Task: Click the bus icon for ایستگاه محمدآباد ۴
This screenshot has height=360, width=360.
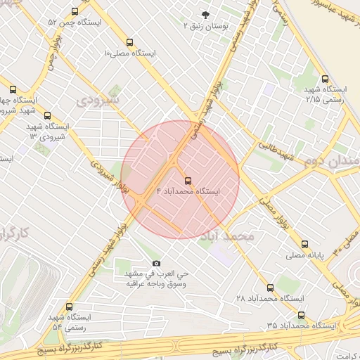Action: (187, 181)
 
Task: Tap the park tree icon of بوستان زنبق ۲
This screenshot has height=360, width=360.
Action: (205, 14)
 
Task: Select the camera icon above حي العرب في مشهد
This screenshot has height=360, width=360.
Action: (156, 262)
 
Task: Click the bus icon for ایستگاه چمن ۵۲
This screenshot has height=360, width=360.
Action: (75, 12)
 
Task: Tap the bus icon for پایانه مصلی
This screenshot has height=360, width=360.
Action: (304, 245)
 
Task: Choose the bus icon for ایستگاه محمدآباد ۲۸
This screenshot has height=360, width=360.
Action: (271, 288)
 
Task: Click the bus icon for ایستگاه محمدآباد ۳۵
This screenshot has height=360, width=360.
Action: (302, 315)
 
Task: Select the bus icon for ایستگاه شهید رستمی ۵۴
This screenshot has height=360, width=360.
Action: (69, 307)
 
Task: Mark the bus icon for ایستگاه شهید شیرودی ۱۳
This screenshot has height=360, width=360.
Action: (47, 115)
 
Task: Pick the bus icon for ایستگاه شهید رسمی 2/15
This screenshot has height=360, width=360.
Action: (324, 79)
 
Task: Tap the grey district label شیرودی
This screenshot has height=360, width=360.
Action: (98, 100)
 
